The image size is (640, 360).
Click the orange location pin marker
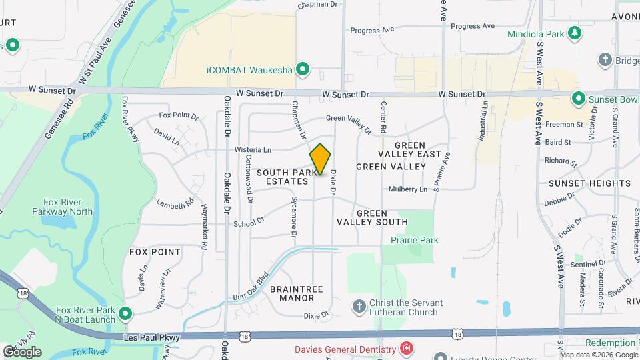[x=321, y=159]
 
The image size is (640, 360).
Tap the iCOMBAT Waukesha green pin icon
[x=303, y=69]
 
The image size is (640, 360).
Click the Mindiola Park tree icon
[x=573, y=33]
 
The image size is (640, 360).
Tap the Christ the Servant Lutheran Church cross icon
[x=359, y=306]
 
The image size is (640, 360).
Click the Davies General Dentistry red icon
[x=406, y=349]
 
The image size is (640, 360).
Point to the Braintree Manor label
[x=297, y=293]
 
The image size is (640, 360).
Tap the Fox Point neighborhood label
[x=155, y=252]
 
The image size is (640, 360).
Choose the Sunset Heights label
[x=580, y=183]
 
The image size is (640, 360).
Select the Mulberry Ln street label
[x=408, y=189]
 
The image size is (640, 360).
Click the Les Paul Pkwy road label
[x=152, y=338]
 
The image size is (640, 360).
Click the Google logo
[x=21, y=351]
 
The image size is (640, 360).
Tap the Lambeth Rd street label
[x=175, y=202]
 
